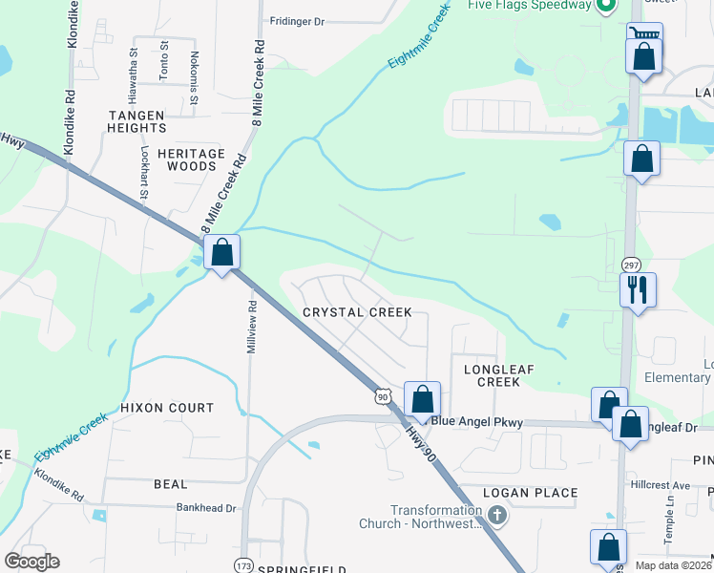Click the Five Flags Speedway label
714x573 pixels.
[527, 5]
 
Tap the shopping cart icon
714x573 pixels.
[644, 35]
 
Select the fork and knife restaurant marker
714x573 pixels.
[637, 287]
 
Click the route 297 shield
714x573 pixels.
[630, 265]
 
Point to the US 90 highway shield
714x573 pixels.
[382, 395]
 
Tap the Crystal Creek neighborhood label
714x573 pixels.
[357, 312]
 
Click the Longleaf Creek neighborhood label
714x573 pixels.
[492, 374]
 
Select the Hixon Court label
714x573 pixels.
[167, 408]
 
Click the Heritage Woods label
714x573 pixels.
[191, 159]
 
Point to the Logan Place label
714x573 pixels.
[530, 493]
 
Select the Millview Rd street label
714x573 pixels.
[253, 329]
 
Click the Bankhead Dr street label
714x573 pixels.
[205, 509]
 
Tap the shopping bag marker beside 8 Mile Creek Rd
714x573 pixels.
[221, 253]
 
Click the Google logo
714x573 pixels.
[32, 561]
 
